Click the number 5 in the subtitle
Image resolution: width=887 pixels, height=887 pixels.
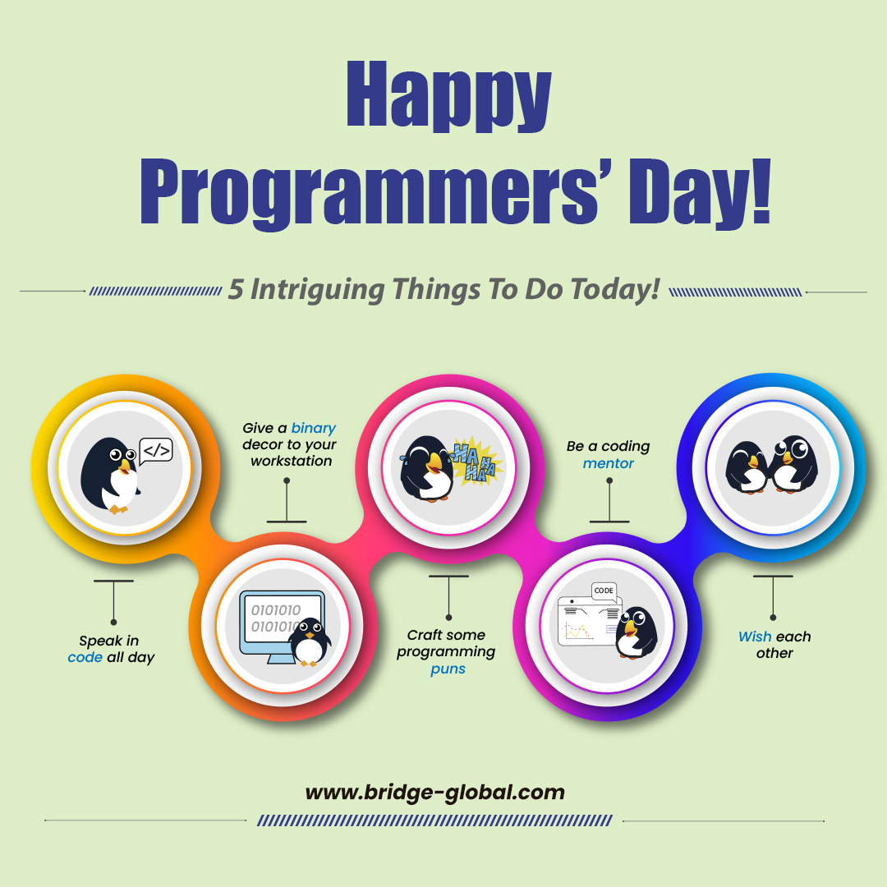click(236, 290)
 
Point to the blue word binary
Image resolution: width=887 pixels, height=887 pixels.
click(314, 428)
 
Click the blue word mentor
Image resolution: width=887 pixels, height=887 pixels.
click(609, 463)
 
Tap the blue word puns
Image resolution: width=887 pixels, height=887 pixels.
click(448, 669)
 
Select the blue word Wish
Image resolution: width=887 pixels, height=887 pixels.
click(755, 637)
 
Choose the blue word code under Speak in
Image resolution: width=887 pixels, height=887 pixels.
click(85, 657)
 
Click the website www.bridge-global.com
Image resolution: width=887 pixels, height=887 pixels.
click(434, 793)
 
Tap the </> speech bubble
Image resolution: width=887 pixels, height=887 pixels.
click(156, 451)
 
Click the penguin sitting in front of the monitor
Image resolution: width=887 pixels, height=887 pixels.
click(310, 641)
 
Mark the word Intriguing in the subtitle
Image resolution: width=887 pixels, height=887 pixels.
click(318, 290)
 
